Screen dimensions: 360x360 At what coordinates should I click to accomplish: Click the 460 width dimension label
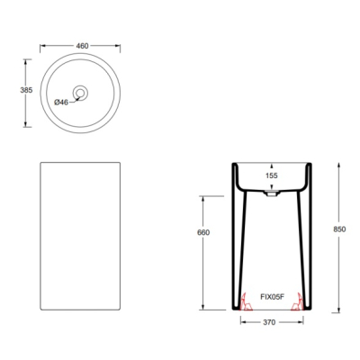(x=82, y=46)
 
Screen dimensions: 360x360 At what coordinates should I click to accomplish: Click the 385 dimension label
(x=26, y=90)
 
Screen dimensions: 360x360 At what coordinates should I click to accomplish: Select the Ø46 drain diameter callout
(x=61, y=103)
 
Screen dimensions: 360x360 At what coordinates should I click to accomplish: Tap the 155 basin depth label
(x=272, y=175)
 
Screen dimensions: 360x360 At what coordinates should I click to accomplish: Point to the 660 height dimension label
(x=203, y=232)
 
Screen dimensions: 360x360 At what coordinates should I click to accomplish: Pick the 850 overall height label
(x=339, y=229)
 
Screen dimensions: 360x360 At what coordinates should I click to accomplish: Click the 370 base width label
(x=269, y=322)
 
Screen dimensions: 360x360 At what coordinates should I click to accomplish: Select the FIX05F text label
(x=272, y=297)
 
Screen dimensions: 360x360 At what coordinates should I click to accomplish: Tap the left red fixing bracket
(x=247, y=302)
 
